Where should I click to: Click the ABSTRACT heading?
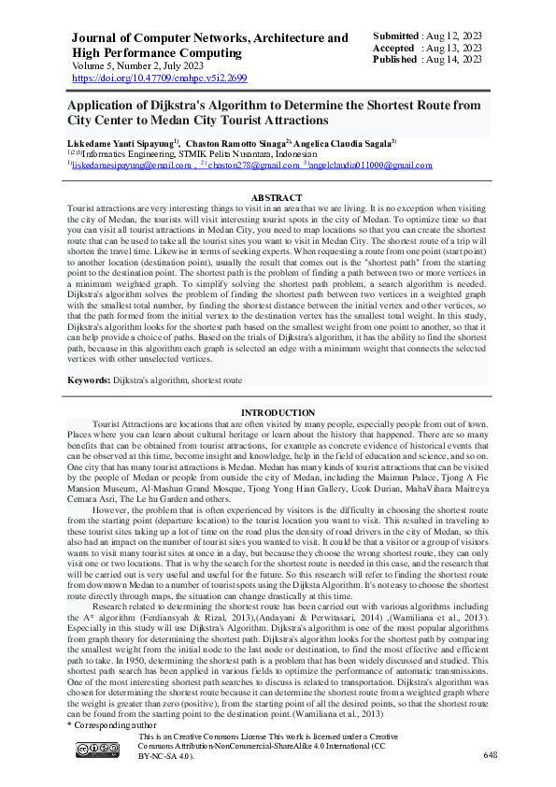point(278,197)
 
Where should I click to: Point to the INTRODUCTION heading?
point(278,412)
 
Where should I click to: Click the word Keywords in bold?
point(93,381)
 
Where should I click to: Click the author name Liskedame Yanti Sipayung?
point(119,142)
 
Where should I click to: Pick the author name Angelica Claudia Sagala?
point(344,142)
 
